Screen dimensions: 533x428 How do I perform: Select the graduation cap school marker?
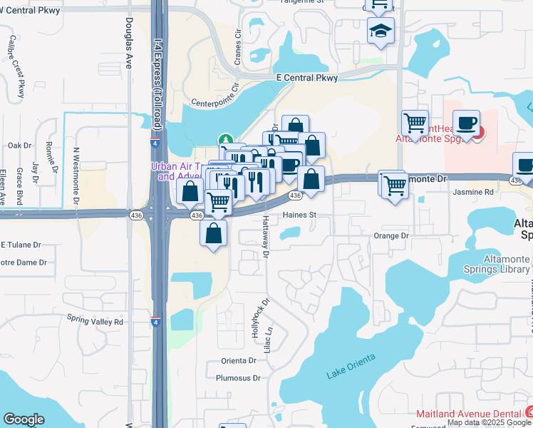coord(381,31)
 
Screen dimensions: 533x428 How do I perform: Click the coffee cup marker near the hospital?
coord(466,123)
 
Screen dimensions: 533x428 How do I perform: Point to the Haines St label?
coord(299,214)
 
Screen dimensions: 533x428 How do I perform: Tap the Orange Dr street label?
coord(391,235)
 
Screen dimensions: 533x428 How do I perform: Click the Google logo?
coord(24,419)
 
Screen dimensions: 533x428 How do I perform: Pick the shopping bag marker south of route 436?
coord(214,233)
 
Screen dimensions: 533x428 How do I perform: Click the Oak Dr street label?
coord(20,146)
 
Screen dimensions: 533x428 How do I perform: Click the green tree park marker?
coord(225,141)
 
